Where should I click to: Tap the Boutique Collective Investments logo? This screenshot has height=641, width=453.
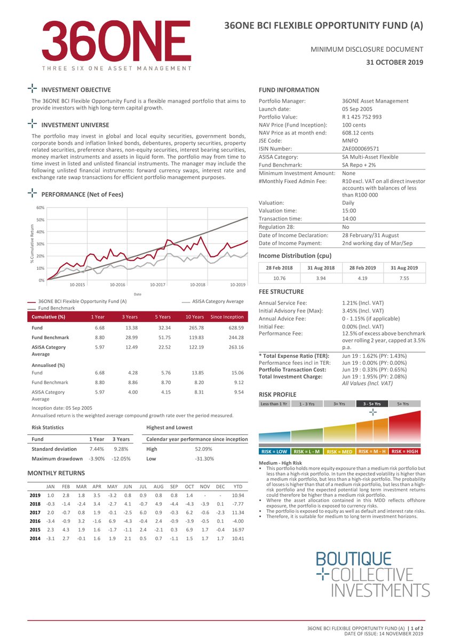click(x=372, y=575)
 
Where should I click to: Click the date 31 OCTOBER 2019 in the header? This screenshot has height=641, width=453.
click(x=394, y=62)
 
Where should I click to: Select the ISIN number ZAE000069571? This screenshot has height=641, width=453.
click(x=361, y=148)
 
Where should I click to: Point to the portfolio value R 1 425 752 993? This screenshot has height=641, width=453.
click(x=362, y=117)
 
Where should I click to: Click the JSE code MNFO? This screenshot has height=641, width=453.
click(x=349, y=140)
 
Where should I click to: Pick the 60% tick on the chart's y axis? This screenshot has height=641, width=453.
click(x=40, y=208)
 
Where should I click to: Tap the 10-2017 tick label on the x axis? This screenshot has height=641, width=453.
click(x=157, y=285)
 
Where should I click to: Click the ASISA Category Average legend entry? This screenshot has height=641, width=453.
click(x=218, y=301)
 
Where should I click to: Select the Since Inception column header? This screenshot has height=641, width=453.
click(x=227, y=317)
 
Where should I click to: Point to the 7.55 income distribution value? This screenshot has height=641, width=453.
click(x=404, y=278)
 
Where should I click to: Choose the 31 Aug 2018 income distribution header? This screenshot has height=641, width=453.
click(x=321, y=268)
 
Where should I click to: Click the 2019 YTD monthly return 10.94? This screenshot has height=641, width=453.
click(x=238, y=496)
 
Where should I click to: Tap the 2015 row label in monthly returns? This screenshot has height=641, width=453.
click(x=35, y=530)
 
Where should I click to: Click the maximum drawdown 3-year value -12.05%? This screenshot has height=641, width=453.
click(x=121, y=459)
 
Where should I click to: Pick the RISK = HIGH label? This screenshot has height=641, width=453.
click(x=405, y=452)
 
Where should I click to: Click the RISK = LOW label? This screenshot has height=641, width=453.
click(x=275, y=452)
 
